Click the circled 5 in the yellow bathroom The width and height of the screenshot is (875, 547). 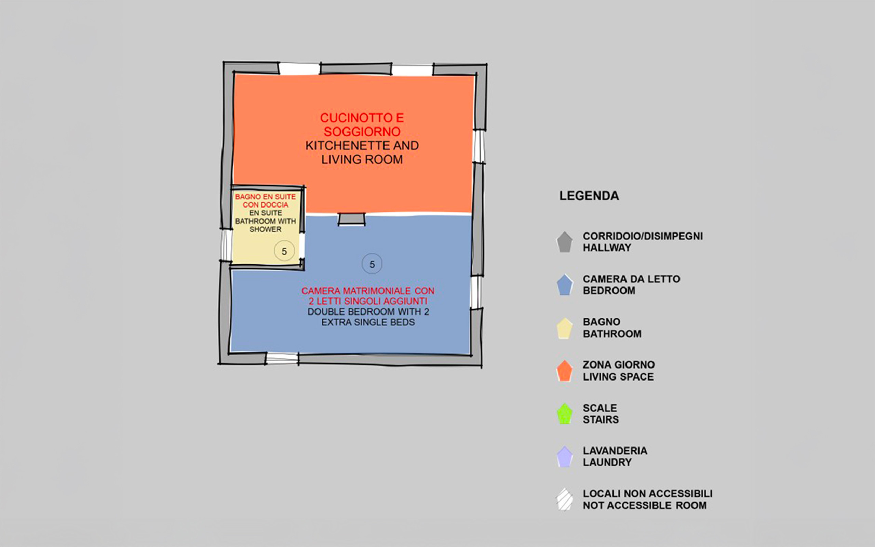point(284,251)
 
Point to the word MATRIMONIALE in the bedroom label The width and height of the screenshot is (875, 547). point(377,291)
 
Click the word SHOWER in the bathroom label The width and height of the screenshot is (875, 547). point(265,229)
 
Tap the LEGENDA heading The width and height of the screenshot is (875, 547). point(589,196)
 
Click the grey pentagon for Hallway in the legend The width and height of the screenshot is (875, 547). point(564,242)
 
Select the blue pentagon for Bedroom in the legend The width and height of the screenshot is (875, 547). point(564,285)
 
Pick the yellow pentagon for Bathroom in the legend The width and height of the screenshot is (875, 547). point(564,328)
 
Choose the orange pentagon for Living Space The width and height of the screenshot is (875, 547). point(564,371)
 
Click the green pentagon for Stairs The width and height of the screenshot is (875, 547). point(564,414)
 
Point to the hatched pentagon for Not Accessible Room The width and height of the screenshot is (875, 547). point(564,499)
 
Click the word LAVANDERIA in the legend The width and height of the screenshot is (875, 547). point(615,451)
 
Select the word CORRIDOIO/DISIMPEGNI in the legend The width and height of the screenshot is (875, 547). point(643,236)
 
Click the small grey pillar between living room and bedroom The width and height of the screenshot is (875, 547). point(351,219)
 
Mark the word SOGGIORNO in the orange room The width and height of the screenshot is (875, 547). point(362,132)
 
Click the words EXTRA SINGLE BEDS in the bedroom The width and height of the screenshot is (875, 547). point(368,322)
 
